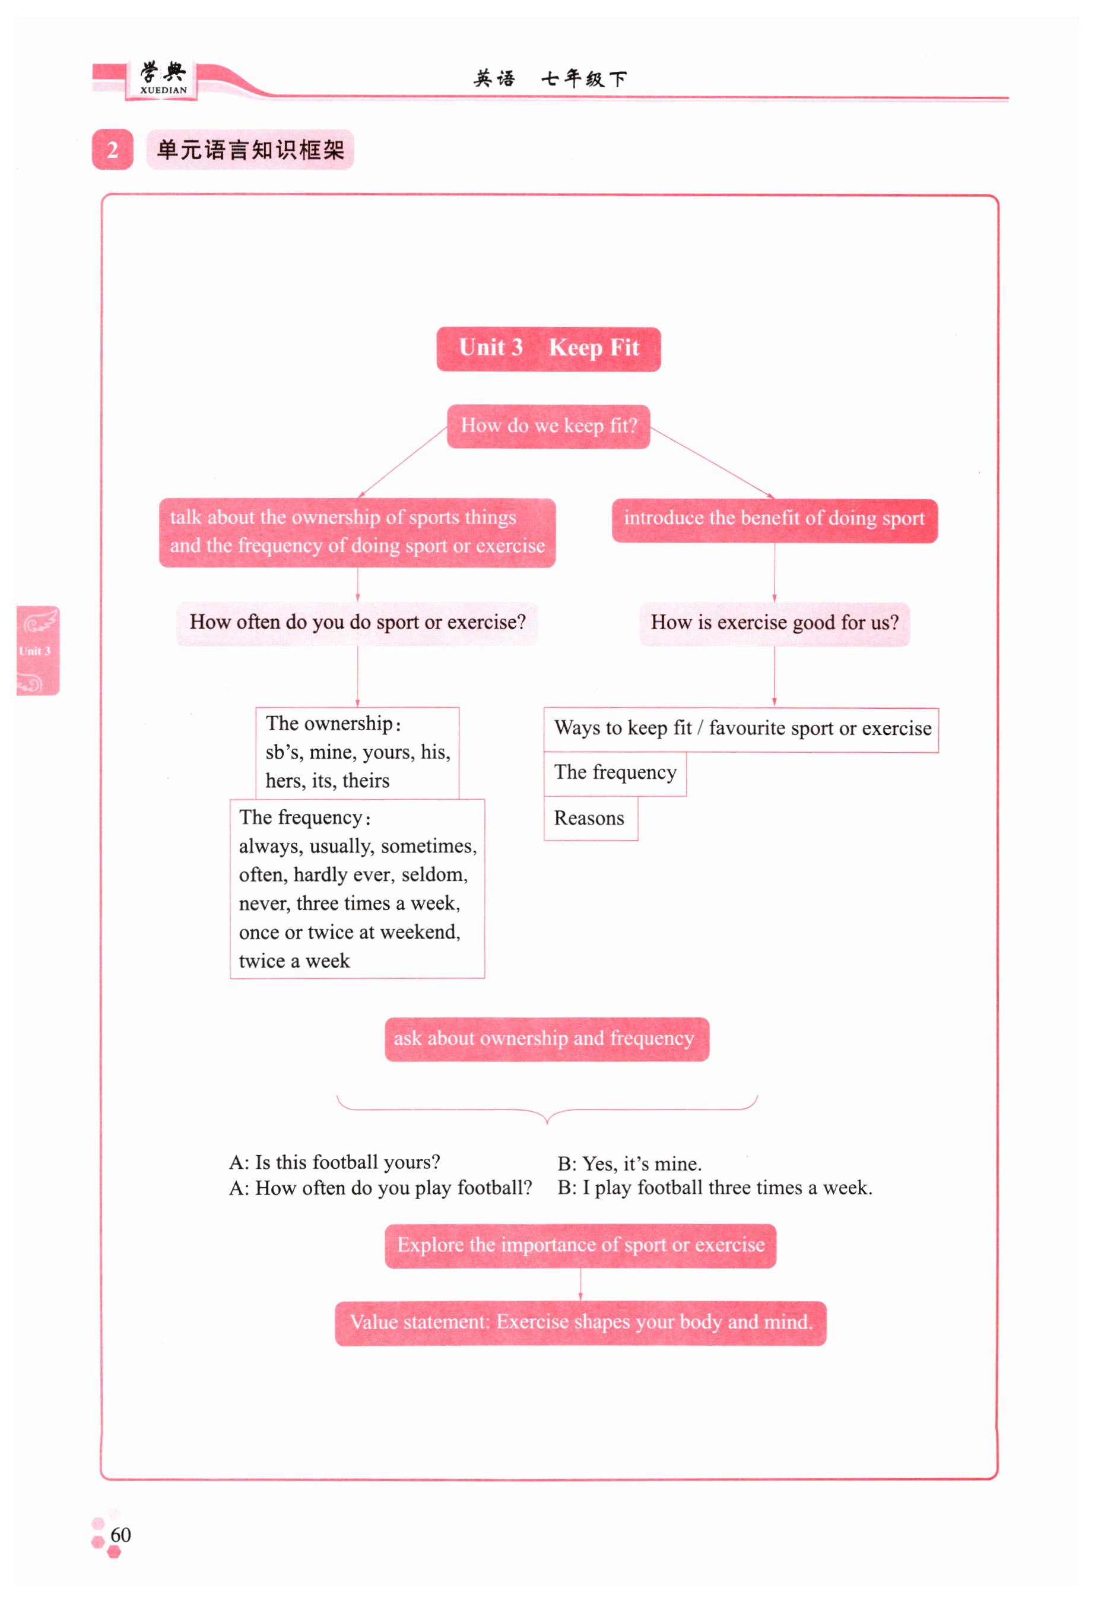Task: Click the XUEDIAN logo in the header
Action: click(x=163, y=79)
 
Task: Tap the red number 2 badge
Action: click(x=112, y=150)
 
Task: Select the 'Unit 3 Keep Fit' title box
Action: click(x=548, y=349)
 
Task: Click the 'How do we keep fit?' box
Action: click(x=548, y=426)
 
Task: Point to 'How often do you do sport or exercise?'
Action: click(x=357, y=623)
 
